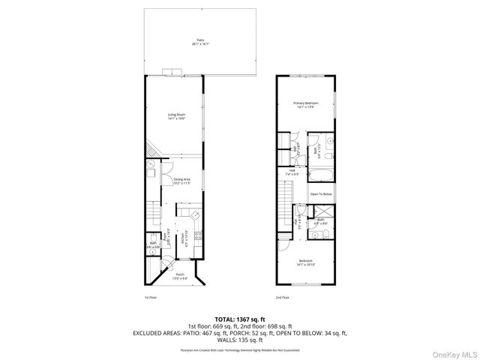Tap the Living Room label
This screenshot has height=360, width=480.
(x=176, y=116)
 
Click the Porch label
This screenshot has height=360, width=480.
(x=180, y=277)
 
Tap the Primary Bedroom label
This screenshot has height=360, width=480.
(x=304, y=105)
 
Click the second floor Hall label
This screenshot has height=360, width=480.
(x=291, y=172)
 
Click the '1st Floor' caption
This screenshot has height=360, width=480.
(x=150, y=298)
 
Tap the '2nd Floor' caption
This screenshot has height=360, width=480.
(x=283, y=298)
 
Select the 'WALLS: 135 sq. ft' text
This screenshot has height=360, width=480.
(x=240, y=338)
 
